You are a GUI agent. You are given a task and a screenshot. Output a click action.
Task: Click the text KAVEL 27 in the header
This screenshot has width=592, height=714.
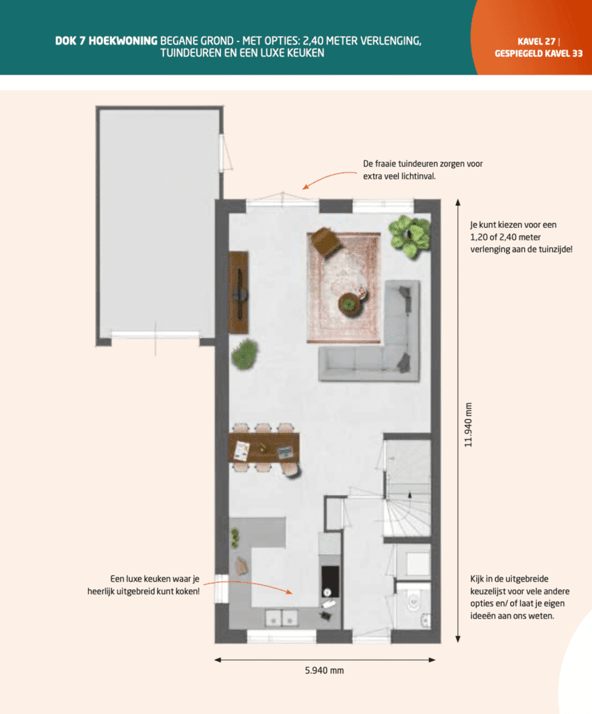pos(536,41)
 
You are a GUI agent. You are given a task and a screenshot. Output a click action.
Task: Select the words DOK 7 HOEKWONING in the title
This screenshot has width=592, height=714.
pos(107,41)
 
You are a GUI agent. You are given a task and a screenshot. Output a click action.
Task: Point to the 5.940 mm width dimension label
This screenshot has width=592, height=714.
pos(324,671)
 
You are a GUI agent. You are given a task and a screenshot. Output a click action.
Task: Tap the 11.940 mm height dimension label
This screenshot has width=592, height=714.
pos(468,425)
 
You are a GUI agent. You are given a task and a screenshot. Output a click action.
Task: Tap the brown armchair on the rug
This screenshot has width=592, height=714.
pos(326,241)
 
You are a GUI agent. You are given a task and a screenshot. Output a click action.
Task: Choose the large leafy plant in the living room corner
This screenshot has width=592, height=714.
pos(410,235)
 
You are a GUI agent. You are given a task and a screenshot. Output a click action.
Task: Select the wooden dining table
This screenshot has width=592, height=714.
pos(264,448)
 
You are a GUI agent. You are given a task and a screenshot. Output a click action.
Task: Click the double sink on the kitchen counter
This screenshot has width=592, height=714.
pos(281,617)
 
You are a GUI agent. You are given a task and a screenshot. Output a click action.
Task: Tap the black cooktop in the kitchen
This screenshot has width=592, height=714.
pos(330,580)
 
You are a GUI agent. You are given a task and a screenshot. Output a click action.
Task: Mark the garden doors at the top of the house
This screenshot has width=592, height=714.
pos(282,201)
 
